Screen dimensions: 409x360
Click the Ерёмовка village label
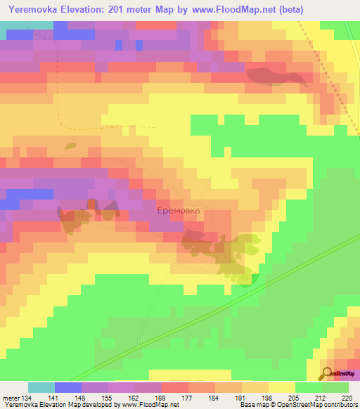click(178, 210)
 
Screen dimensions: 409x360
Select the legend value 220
click(347, 397)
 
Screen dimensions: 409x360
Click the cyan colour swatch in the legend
click(41, 387)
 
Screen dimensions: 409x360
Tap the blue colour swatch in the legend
click(68, 387)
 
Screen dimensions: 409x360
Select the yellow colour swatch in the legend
click(282, 387)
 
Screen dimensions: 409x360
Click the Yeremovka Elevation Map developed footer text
click(67, 405)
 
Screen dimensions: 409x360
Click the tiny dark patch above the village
click(70, 146)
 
